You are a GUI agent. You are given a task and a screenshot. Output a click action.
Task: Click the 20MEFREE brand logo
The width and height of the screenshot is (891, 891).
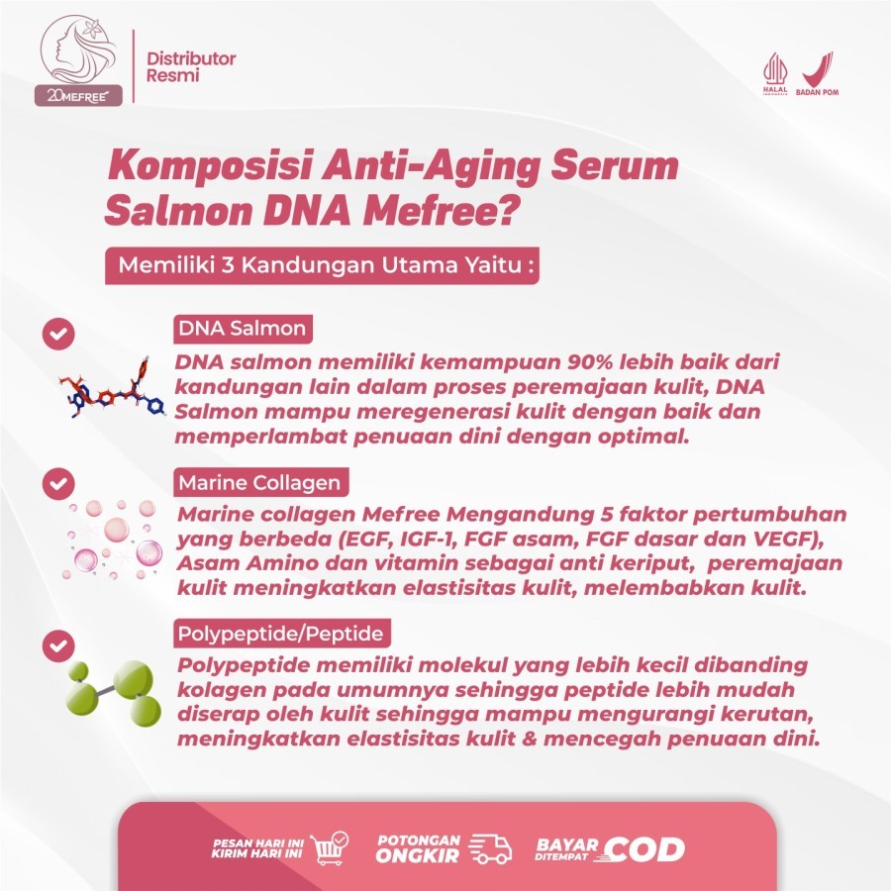point(78,60)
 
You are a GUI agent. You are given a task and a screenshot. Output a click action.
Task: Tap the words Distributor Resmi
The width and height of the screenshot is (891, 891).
point(191,66)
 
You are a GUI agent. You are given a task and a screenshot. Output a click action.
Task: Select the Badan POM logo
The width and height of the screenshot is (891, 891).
point(817,74)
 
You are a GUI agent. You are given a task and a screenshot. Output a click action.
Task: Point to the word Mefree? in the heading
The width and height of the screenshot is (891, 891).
point(440,210)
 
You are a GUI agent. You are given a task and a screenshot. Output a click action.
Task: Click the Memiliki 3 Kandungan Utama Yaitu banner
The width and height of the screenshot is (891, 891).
point(322,265)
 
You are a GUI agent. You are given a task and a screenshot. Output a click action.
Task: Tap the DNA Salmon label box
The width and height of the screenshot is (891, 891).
point(243,329)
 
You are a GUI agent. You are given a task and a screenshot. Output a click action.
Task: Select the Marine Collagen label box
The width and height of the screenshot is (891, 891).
point(260,482)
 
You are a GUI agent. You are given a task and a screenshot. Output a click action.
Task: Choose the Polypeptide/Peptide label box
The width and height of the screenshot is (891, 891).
point(281,633)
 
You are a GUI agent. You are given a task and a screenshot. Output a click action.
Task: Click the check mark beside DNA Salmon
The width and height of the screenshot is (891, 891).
point(58,333)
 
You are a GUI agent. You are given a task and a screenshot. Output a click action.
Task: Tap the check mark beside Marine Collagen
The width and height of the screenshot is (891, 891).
point(58,483)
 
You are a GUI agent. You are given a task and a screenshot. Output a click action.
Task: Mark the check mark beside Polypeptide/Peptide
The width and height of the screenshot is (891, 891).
point(58,645)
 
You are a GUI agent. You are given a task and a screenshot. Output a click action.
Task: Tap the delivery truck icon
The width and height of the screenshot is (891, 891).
point(490,849)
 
